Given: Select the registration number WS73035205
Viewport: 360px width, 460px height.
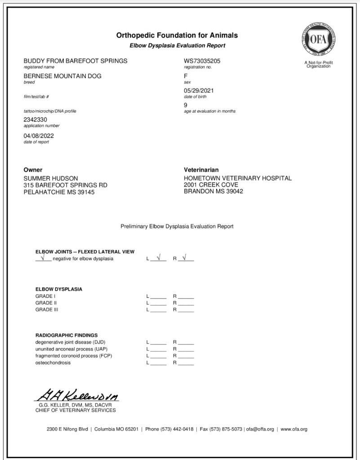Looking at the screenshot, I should (x=202, y=61).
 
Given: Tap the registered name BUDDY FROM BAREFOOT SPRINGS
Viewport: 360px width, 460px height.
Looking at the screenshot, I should (x=75, y=61).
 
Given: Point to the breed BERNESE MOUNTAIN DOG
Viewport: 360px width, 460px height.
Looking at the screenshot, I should (x=62, y=76).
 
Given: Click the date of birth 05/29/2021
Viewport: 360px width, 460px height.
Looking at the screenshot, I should (x=199, y=91).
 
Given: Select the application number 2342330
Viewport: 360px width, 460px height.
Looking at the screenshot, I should (x=35, y=120).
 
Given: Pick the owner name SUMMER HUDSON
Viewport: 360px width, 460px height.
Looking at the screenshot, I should (x=50, y=178).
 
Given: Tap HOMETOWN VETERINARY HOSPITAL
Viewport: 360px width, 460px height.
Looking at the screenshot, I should (x=238, y=178).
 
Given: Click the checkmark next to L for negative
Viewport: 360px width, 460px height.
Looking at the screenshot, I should (x=158, y=258).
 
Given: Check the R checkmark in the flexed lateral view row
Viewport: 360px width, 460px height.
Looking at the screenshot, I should (x=185, y=258).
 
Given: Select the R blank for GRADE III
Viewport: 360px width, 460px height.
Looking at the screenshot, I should (x=186, y=310).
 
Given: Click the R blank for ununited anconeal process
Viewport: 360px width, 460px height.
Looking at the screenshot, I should (x=186, y=349).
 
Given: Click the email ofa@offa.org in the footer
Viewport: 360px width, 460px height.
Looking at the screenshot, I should (x=260, y=429).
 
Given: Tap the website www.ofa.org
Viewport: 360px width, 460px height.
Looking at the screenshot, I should (x=294, y=429).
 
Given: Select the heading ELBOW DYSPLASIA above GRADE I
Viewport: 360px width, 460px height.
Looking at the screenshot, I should (x=59, y=289).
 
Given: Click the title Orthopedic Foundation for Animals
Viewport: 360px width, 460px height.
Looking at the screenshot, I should (x=177, y=35).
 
